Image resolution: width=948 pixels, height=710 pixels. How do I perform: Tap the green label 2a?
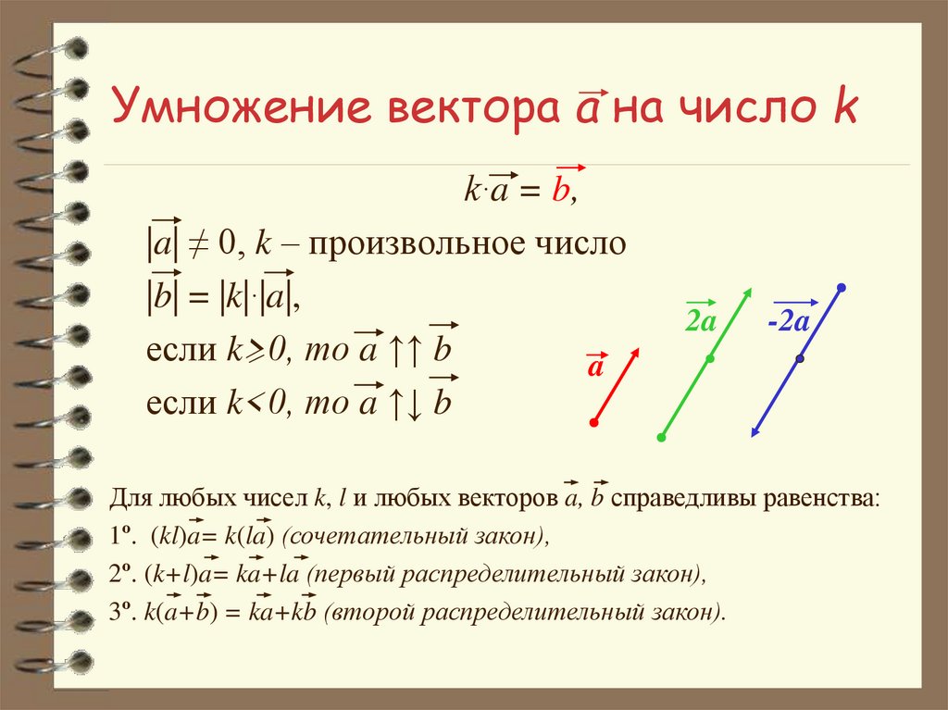click(701, 321)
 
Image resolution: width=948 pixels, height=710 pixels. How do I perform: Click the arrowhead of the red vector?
click(637, 352)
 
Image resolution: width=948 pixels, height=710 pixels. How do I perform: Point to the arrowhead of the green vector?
click(746, 293)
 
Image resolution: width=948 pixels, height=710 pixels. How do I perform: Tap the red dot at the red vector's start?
click(593, 423)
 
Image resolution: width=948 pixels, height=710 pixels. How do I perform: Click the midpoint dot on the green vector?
click(709, 358)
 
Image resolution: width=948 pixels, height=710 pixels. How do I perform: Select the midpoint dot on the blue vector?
click(799, 358)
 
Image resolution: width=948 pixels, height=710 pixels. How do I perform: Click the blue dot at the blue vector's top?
click(841, 288)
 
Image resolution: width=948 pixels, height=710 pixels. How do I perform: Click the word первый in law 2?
click(353, 575)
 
